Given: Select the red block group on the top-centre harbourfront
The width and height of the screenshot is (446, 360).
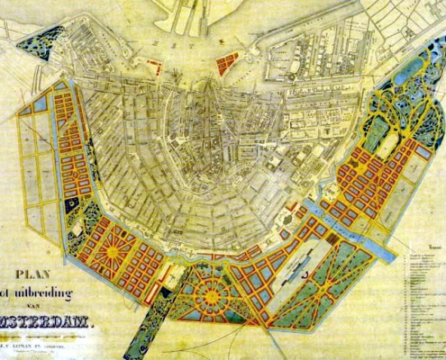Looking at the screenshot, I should click(x=228, y=62).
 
